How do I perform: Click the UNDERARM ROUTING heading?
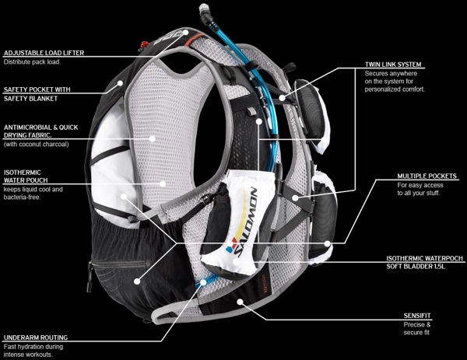(x=35, y=338)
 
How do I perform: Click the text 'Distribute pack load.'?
(x=35, y=62)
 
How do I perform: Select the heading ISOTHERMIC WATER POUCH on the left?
(x=23, y=176)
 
